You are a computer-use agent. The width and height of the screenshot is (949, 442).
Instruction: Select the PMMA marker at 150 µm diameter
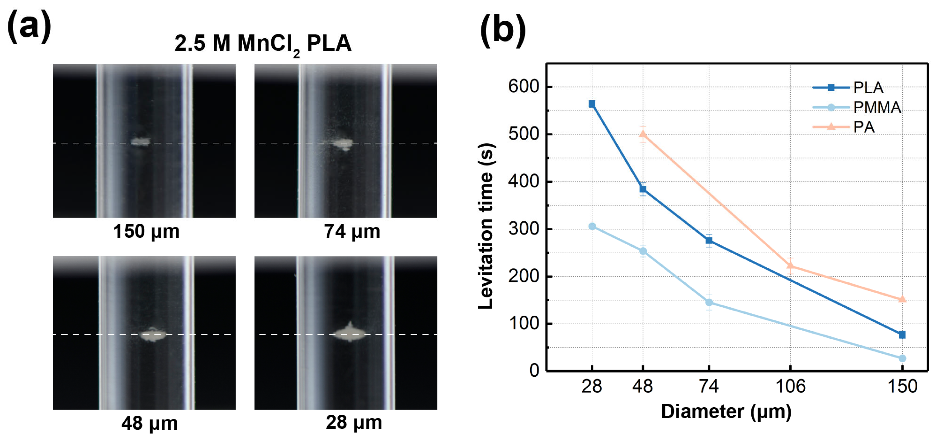(902, 358)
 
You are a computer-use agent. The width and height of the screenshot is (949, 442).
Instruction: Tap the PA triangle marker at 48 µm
(643, 134)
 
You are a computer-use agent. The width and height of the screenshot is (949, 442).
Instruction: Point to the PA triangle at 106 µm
(790, 265)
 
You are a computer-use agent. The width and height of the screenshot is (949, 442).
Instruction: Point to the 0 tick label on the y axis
(534, 370)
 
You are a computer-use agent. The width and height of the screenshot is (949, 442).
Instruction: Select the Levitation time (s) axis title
(486, 226)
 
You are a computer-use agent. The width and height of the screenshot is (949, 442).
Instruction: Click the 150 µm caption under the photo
(146, 232)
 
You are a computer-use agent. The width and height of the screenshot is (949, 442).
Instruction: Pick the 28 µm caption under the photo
(354, 423)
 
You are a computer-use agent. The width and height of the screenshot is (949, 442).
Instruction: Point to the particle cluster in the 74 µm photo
(344, 143)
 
